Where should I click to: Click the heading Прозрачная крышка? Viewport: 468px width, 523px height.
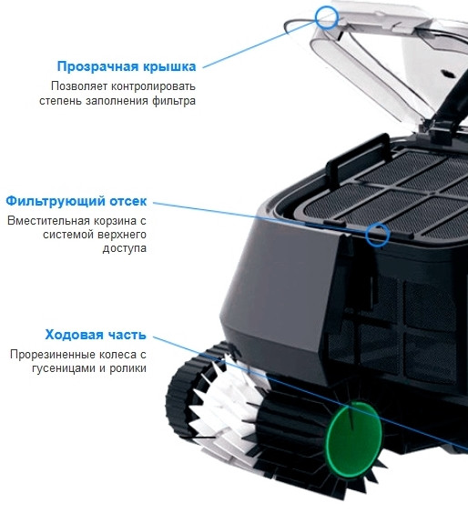(x=126, y=66)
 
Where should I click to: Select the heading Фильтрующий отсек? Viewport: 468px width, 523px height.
(x=76, y=201)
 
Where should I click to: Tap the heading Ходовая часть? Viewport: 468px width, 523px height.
(x=96, y=335)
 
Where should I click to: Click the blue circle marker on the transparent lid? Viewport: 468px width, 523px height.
(x=326, y=15)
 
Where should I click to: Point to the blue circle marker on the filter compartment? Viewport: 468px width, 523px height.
(x=377, y=235)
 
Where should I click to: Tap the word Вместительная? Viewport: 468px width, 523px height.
(x=46, y=220)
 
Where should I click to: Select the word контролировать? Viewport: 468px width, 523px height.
(x=151, y=85)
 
